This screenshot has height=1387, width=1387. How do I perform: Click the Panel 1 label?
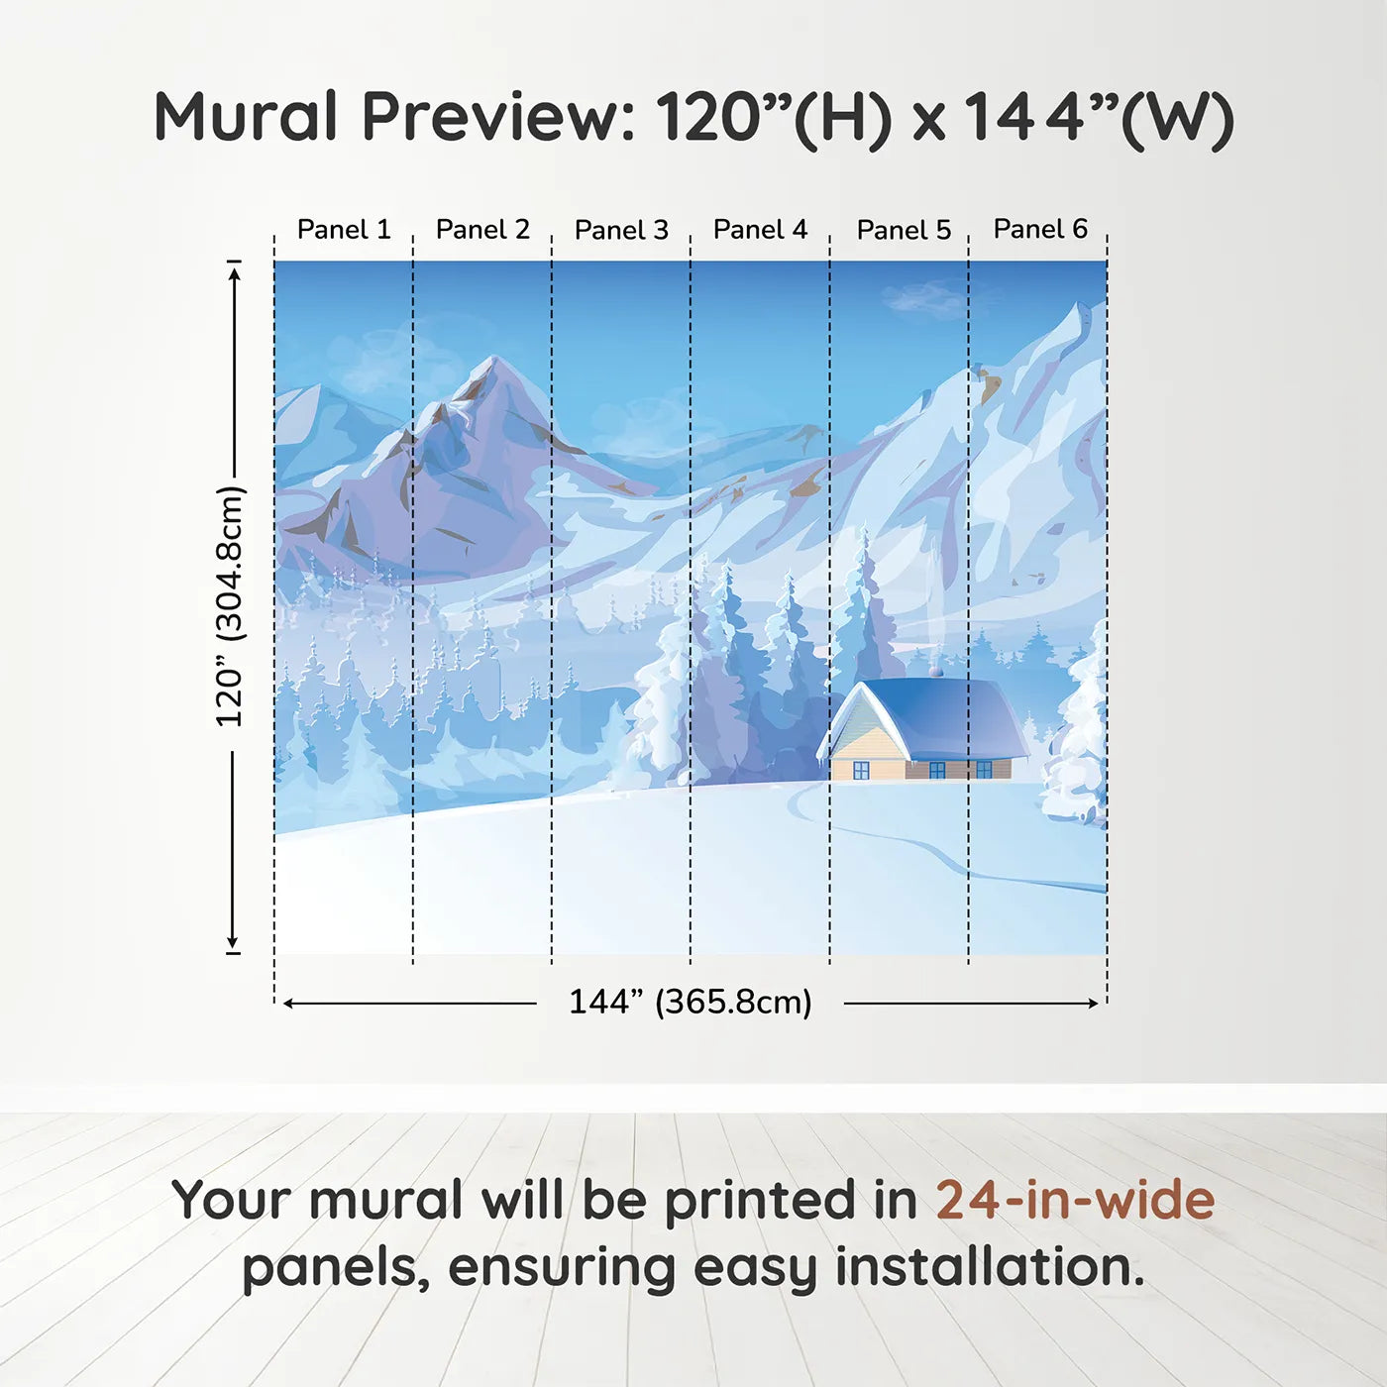coord(344,230)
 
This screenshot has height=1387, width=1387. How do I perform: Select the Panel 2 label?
coord(482,230)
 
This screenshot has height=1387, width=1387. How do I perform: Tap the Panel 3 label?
coord(622,230)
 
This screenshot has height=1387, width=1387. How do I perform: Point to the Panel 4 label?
coord(761,230)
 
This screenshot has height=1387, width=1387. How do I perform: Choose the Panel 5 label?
coord(905,230)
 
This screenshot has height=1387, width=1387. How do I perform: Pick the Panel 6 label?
coord(1041,229)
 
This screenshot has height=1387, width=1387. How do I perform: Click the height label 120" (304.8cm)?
coord(230,606)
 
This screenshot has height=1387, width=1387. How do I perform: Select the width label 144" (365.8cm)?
coord(691,1002)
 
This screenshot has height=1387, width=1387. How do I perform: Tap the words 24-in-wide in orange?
coord(1075,1200)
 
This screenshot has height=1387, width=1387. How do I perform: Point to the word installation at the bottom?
coord(989,1267)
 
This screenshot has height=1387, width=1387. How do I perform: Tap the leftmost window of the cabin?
coord(861,770)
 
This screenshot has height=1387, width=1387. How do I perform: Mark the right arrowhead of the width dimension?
coord(1094,1004)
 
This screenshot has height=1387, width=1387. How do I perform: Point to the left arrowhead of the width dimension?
coord(289,1004)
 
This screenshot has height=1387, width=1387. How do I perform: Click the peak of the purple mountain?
coord(493,358)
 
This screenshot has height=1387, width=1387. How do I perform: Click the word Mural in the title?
coord(246,117)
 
